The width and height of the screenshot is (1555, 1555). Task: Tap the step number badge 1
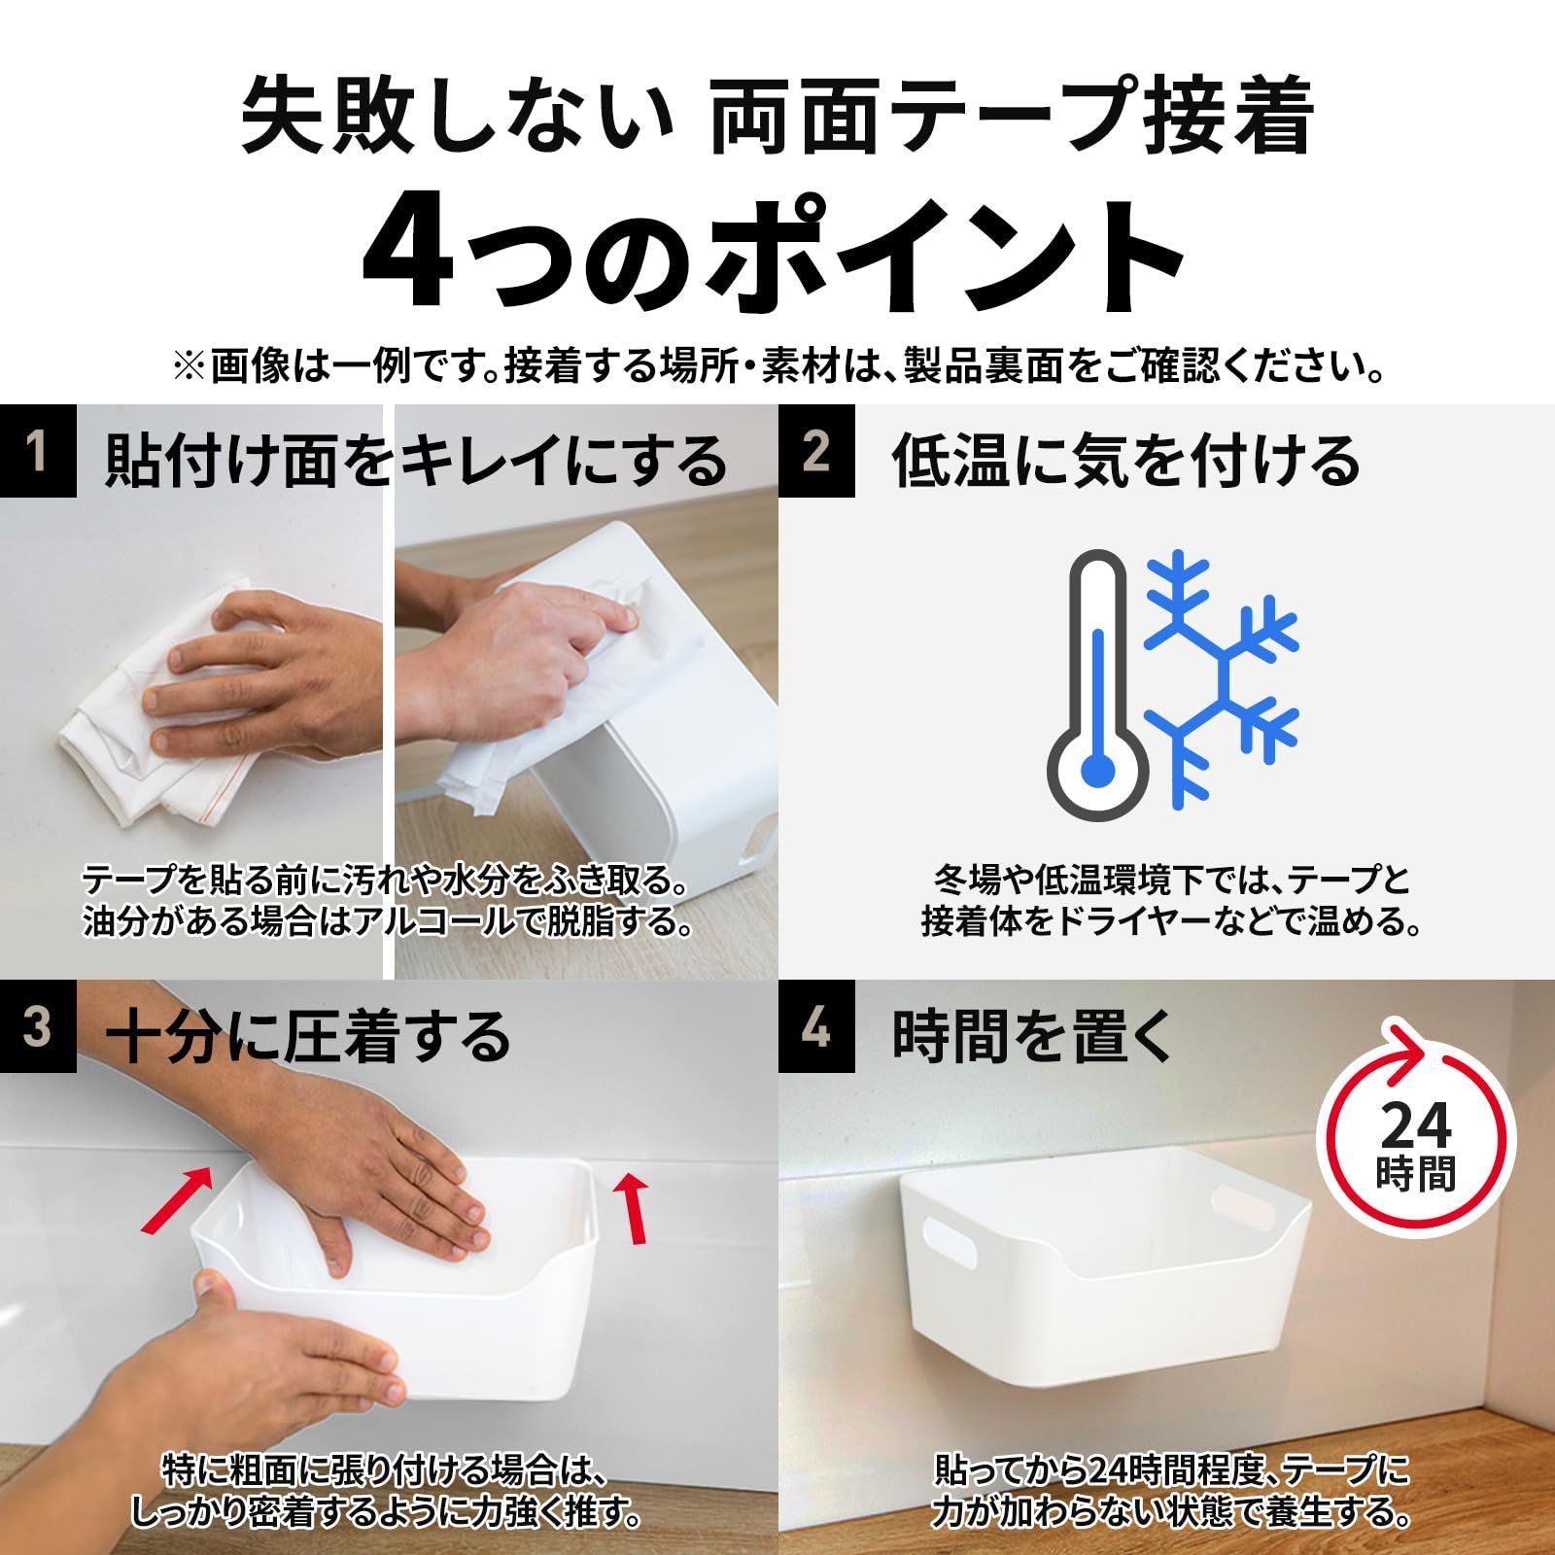(x=37, y=452)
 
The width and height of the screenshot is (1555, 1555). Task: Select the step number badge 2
(x=816, y=452)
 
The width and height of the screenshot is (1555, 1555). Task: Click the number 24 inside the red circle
(x=1416, y=1125)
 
